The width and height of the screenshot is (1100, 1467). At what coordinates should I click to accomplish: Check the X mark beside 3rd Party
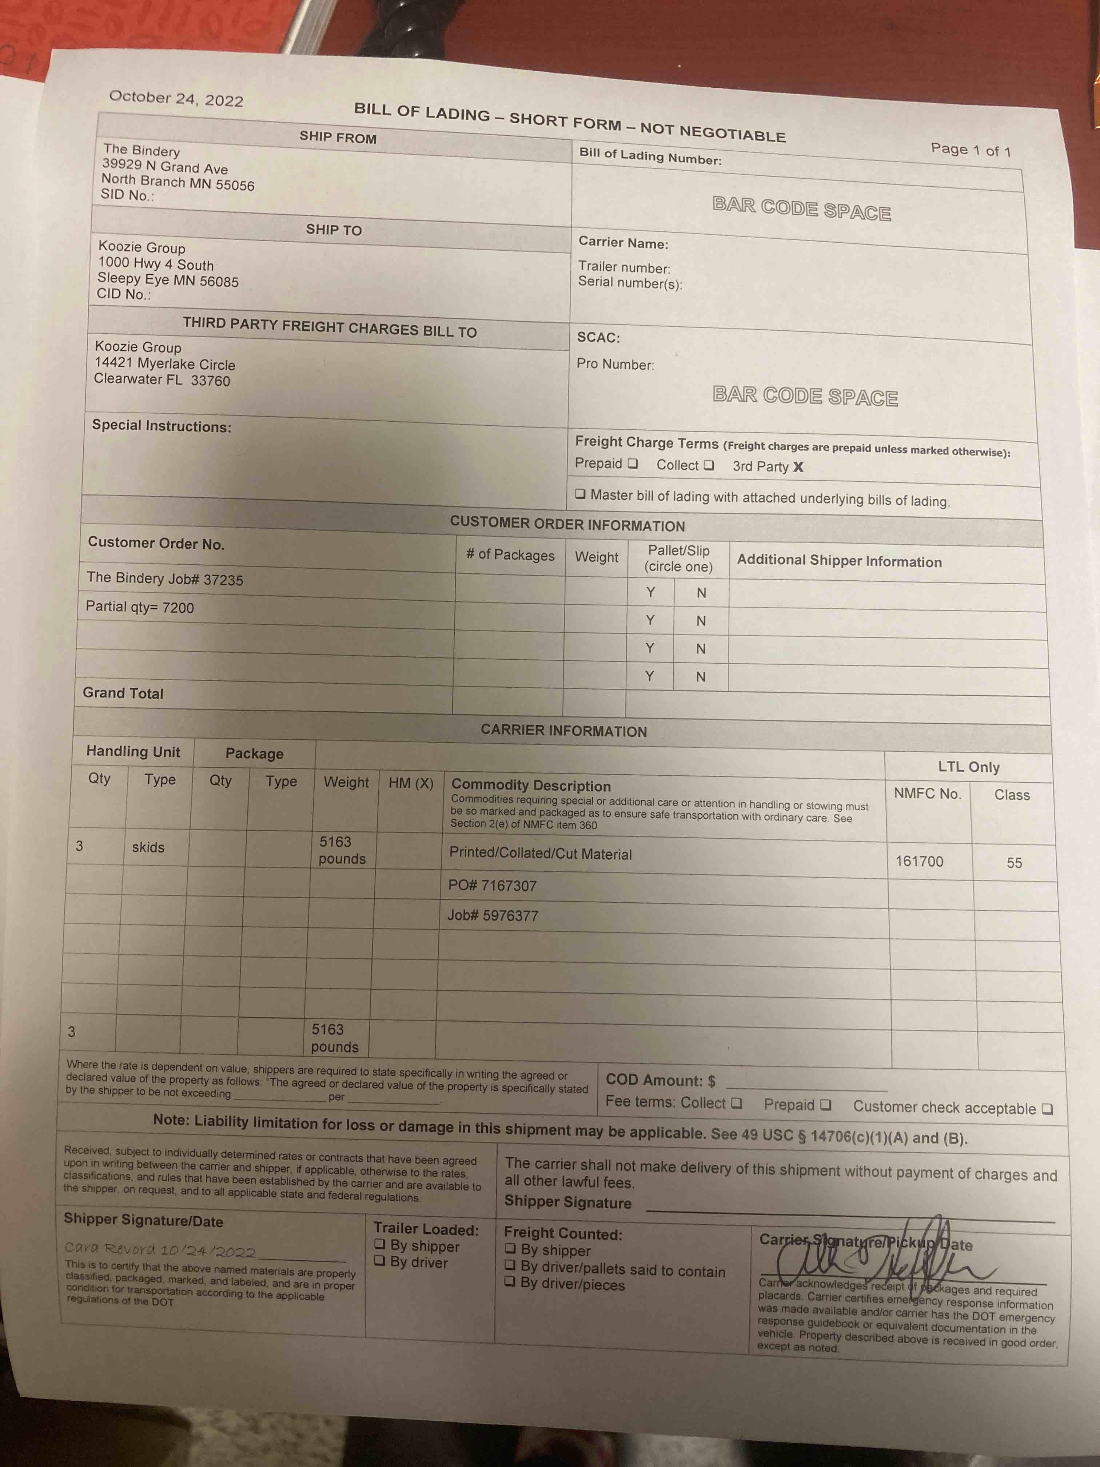(x=798, y=467)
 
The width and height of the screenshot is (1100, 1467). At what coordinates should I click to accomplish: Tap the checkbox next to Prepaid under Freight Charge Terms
(x=633, y=464)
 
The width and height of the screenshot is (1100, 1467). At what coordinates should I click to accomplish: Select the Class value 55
(x=1014, y=863)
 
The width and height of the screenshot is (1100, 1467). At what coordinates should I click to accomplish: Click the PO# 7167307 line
(x=492, y=885)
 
